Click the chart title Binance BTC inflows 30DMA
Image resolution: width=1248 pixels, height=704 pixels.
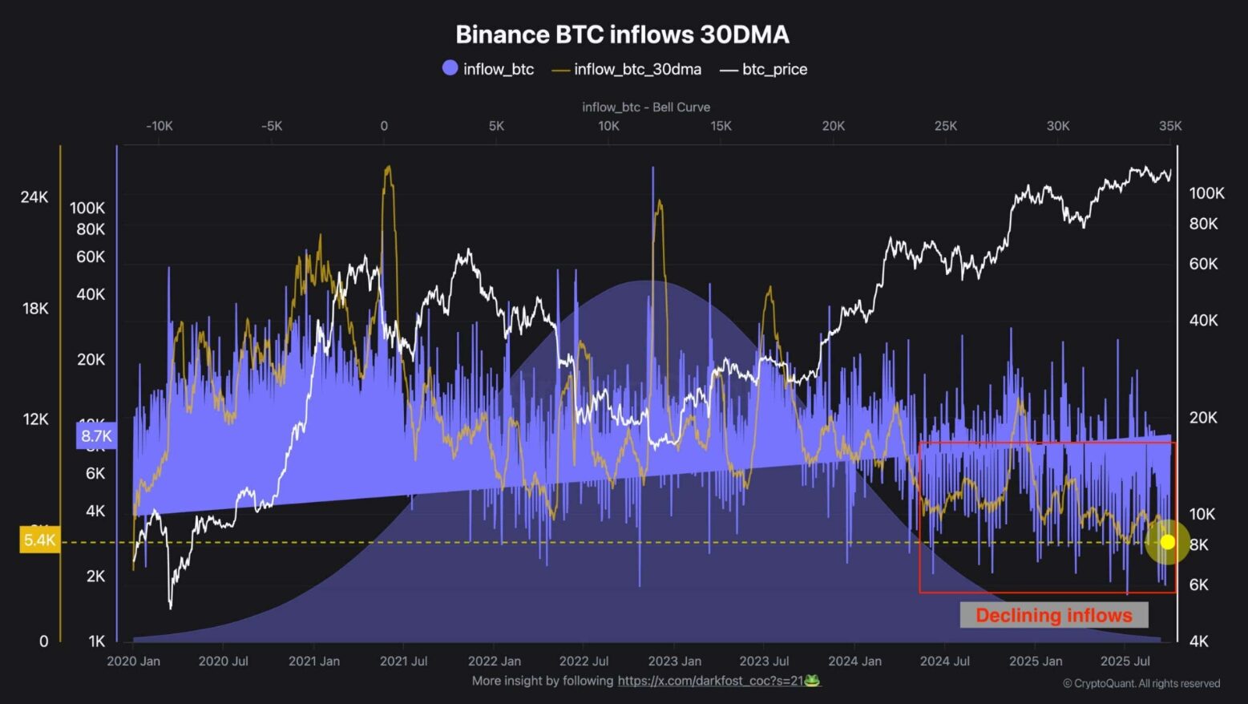click(x=622, y=34)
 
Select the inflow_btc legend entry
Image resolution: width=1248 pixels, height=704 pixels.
click(x=488, y=69)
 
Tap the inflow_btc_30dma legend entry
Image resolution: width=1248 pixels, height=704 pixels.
click(x=627, y=70)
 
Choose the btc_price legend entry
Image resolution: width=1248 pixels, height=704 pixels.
click(x=764, y=70)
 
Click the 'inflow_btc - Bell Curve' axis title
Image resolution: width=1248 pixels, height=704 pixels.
click(x=646, y=107)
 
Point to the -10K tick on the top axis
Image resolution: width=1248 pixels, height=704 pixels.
click(x=159, y=126)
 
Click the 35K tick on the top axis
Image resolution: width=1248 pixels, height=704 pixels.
click(x=1169, y=126)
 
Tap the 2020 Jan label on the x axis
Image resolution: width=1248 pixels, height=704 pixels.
click(x=133, y=662)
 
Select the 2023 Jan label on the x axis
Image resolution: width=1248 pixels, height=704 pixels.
click(x=674, y=662)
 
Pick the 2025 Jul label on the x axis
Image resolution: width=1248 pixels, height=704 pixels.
click(x=1125, y=662)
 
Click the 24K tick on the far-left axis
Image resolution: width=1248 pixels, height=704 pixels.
click(x=34, y=197)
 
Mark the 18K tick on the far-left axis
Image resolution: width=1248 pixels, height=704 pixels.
click(x=35, y=309)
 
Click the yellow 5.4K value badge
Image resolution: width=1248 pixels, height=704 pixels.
click(x=39, y=540)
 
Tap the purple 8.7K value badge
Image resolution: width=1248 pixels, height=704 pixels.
click(x=96, y=436)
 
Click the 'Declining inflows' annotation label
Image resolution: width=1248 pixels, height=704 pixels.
click(x=1053, y=616)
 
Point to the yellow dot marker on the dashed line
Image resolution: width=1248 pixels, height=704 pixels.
click(x=1167, y=542)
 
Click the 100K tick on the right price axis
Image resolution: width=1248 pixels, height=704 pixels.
click(x=1206, y=193)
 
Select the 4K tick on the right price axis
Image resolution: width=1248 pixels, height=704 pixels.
click(x=1198, y=641)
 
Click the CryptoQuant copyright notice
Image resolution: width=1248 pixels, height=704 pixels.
click(x=1141, y=684)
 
